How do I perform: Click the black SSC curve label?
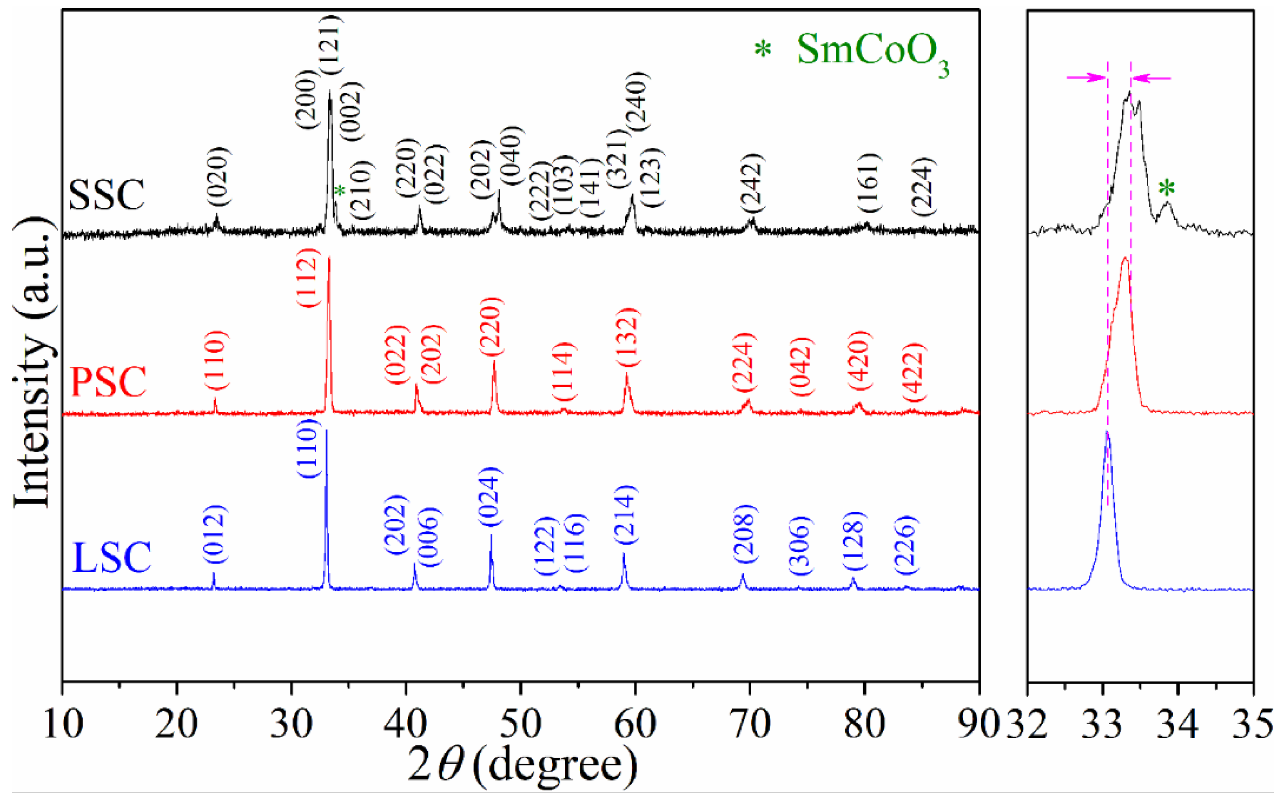107,194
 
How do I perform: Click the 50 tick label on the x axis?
520,724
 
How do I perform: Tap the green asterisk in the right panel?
1166,188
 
